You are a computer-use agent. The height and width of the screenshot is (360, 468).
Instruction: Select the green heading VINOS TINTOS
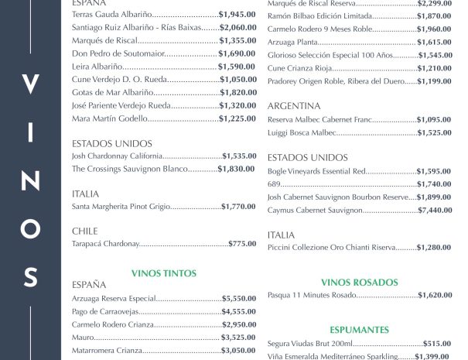[x=164, y=273]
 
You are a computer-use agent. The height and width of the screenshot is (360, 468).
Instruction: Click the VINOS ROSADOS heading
[x=359, y=283]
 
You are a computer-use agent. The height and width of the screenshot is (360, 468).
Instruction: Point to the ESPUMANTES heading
[x=359, y=329]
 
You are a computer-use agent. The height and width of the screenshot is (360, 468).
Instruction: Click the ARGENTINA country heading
[x=293, y=106]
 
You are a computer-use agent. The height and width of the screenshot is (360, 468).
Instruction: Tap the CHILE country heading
[x=84, y=231]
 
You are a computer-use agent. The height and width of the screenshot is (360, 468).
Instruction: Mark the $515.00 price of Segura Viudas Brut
[x=436, y=343]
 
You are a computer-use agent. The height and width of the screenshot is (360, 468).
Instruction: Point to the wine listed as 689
[x=273, y=184]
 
